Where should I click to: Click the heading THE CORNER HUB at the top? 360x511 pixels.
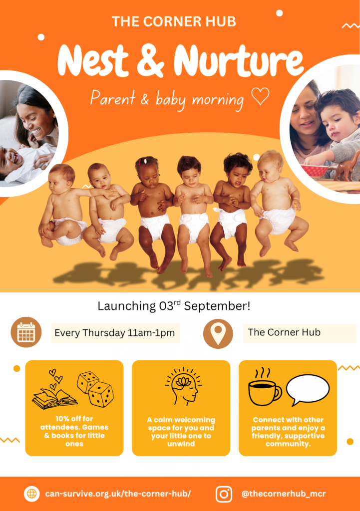coord(174,21)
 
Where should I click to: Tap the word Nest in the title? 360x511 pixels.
coord(93,60)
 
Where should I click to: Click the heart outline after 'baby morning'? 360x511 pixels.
coord(260,96)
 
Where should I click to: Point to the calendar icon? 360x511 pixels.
coord(26,332)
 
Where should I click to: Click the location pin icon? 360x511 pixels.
coord(218,334)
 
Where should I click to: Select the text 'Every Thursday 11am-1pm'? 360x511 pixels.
coord(115,333)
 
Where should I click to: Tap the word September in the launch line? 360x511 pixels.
coord(217,306)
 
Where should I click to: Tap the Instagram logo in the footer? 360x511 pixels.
coord(224,494)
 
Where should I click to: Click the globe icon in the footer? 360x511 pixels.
coord(31,494)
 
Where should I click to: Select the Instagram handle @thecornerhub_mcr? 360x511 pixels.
coord(284,494)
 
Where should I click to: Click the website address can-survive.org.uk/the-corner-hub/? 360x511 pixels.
coord(118,494)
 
